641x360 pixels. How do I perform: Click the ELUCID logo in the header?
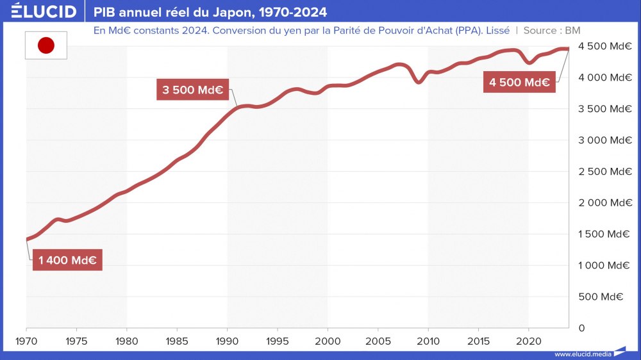(44, 12)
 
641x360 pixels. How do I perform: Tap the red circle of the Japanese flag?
(46, 45)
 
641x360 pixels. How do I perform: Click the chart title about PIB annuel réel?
(210, 12)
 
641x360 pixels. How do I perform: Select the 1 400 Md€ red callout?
(67, 260)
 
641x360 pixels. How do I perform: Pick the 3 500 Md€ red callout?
(192, 90)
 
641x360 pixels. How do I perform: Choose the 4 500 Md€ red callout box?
(519, 82)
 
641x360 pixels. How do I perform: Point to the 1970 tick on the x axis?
(26, 340)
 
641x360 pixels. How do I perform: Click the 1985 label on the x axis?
(177, 340)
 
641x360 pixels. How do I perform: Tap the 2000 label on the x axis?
(328, 340)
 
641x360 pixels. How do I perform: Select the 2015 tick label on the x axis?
(478, 340)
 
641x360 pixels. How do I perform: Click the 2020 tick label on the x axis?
(528, 340)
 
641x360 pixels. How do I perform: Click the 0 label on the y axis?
(581, 328)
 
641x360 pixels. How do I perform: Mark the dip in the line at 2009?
(418, 82)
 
